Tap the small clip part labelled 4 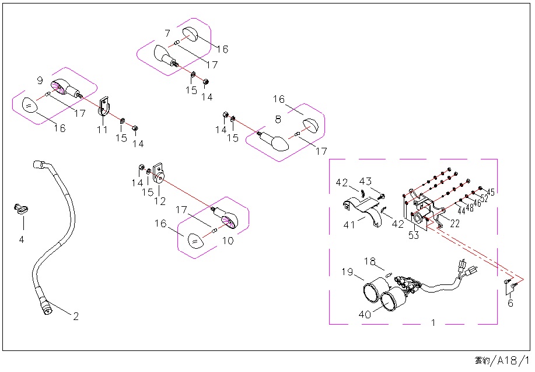pos(22,207)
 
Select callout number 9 pos(40,80)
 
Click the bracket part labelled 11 pos(104,107)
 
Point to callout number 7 pos(167,33)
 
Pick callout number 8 pos(278,119)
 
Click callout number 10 pos(228,240)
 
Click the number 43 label pos(365,182)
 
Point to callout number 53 pos(414,235)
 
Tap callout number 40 pos(365,314)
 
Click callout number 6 pos(510,303)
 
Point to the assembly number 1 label pos(433,322)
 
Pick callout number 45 pos(490,192)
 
